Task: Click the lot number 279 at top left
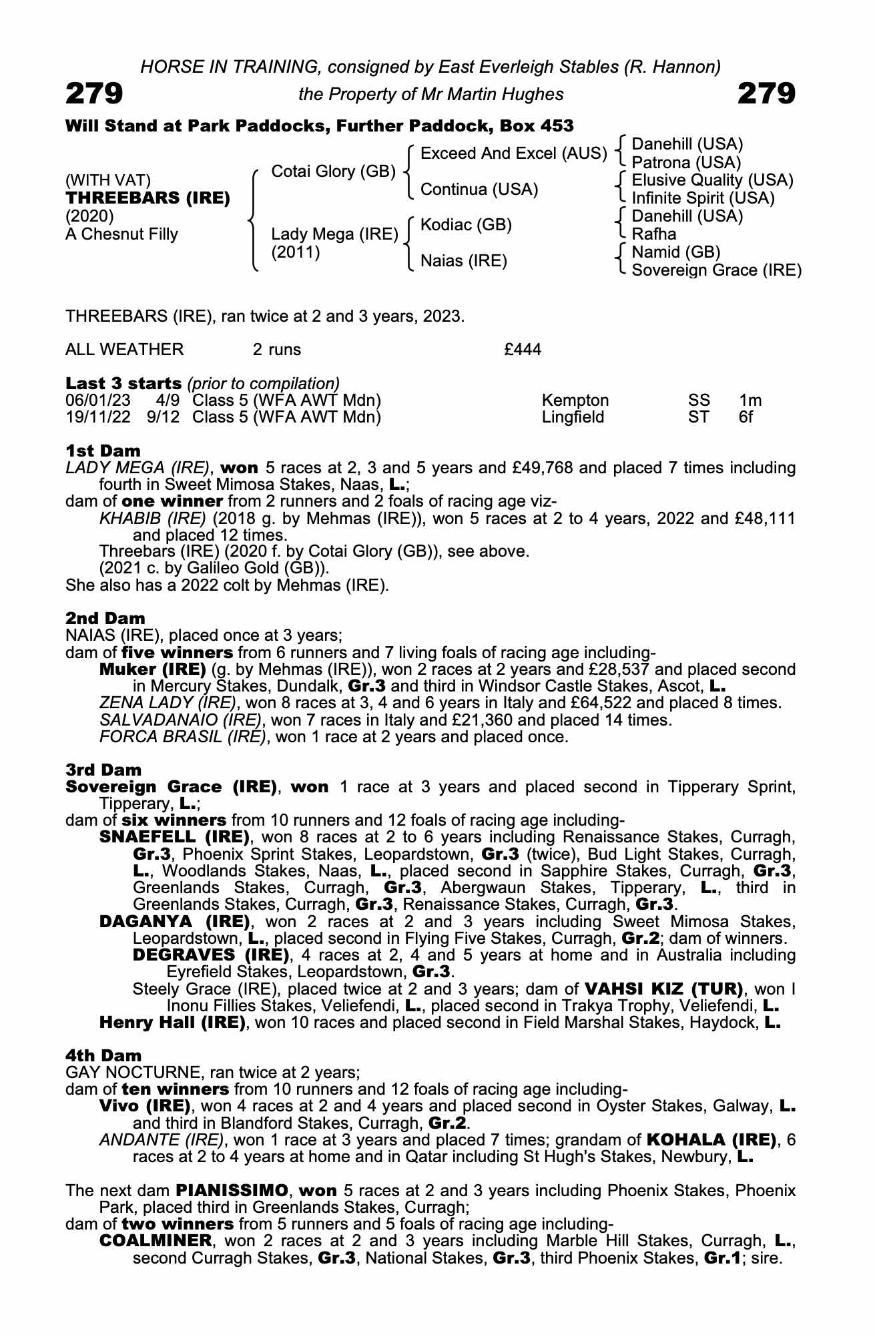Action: tap(94, 93)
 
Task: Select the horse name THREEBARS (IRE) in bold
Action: tap(148, 198)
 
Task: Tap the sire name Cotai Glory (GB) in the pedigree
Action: tap(334, 172)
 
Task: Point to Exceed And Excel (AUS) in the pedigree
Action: tap(513, 154)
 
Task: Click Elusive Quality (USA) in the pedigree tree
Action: tap(712, 180)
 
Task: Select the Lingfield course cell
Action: tap(573, 417)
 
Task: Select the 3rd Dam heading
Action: tap(103, 770)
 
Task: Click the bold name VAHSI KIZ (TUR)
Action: tap(663, 989)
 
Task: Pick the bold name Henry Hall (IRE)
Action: tap(172, 1023)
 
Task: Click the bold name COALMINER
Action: tap(155, 1242)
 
